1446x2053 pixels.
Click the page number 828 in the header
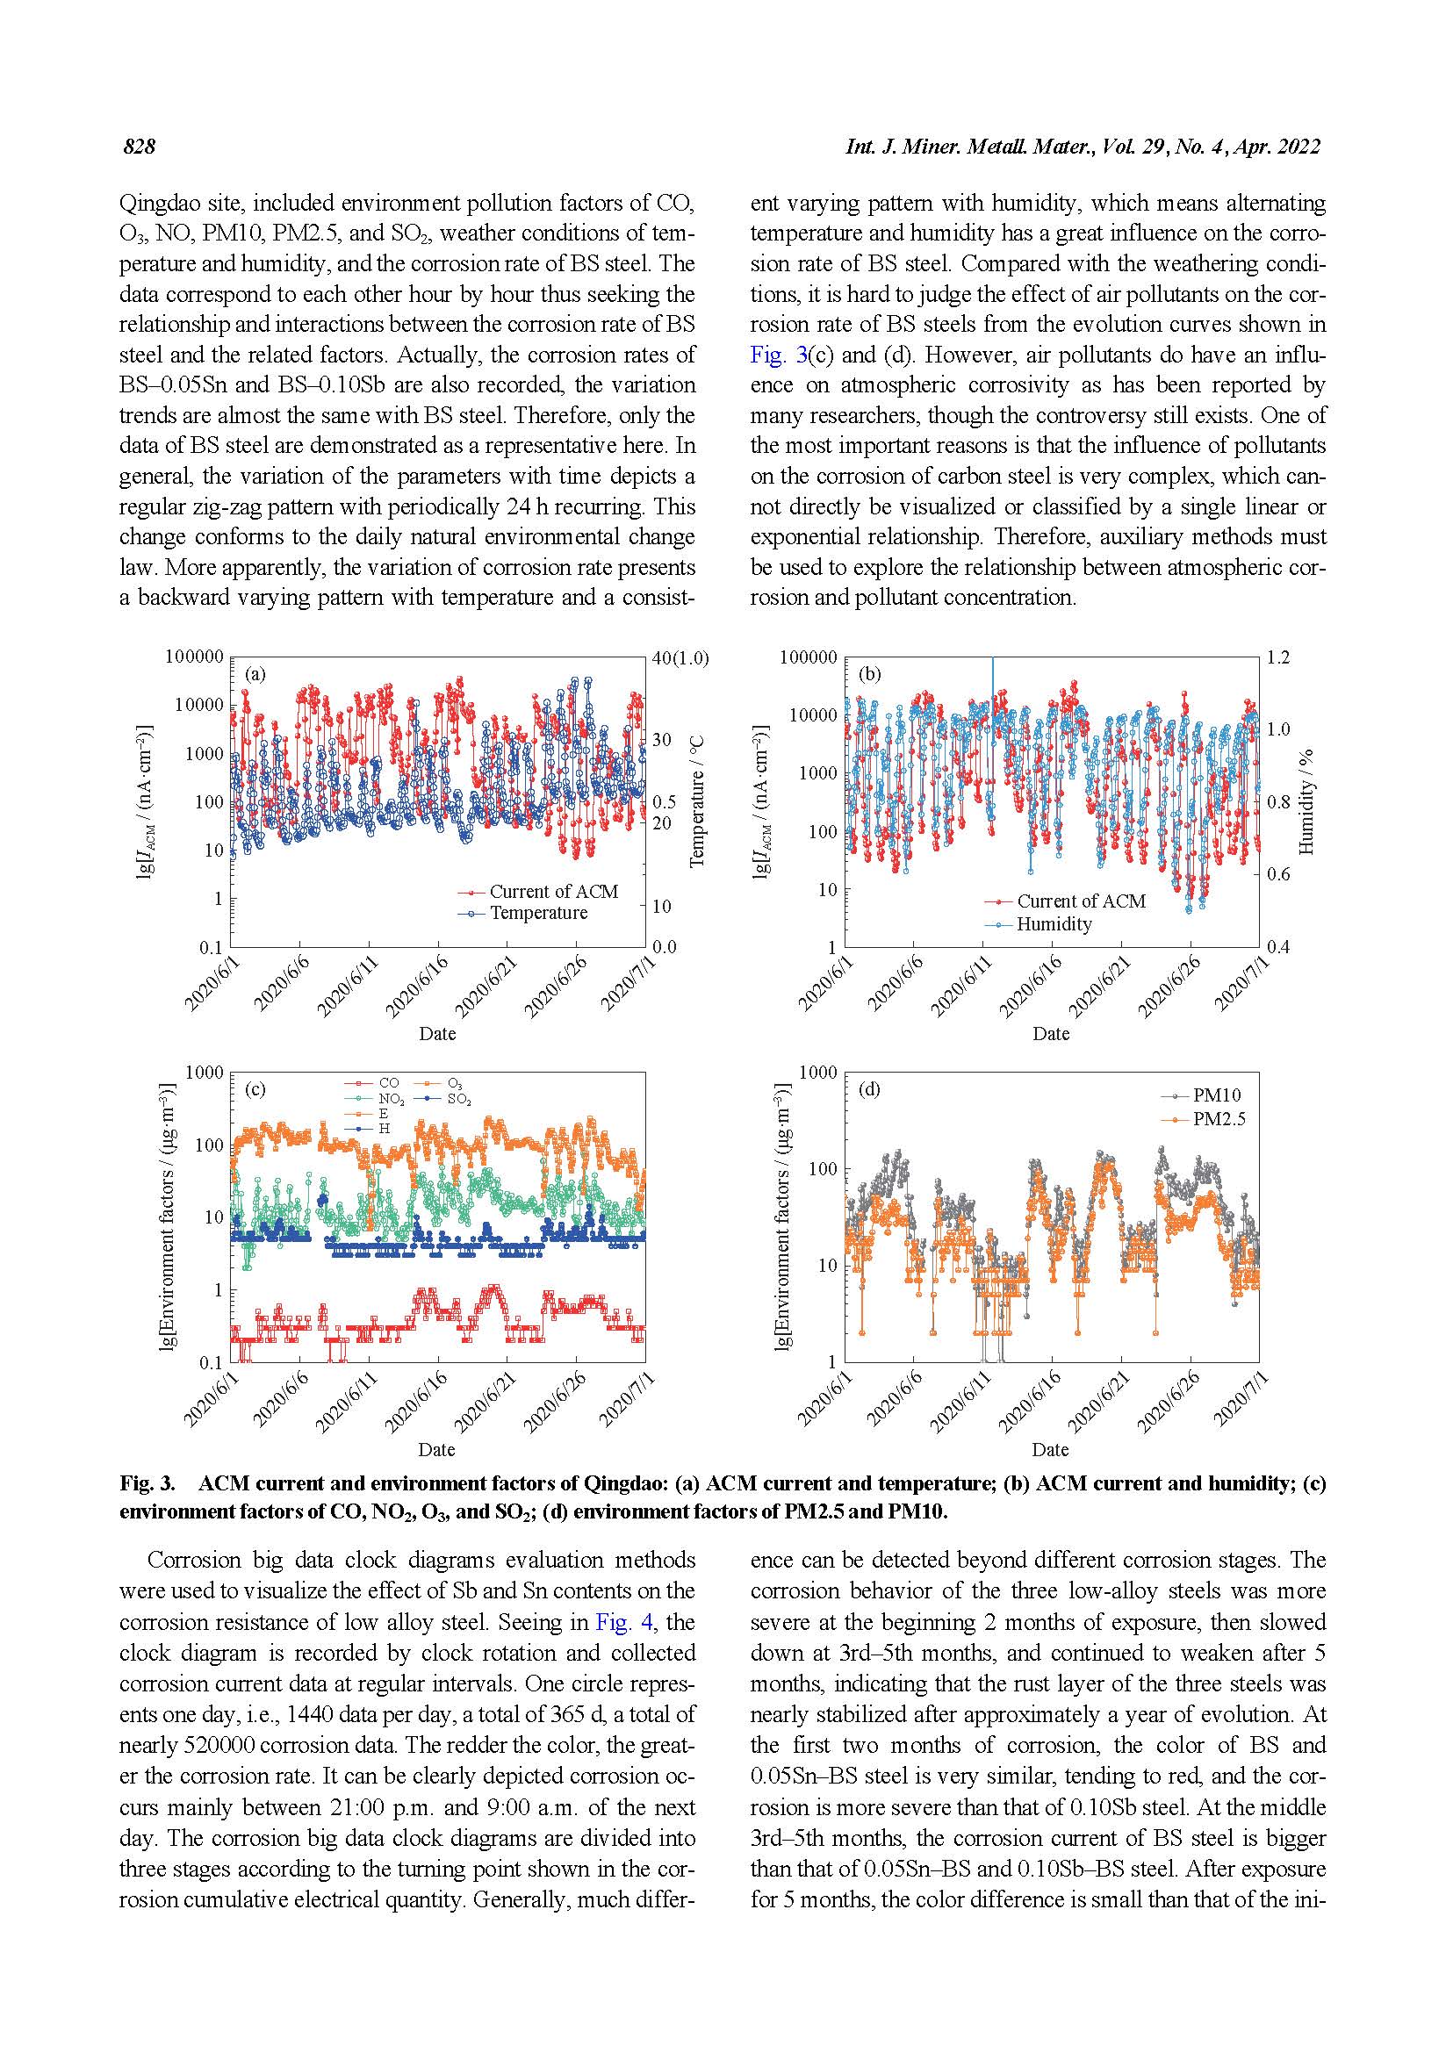140,147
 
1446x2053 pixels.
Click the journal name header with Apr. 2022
1082,147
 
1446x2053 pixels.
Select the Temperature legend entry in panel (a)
537,913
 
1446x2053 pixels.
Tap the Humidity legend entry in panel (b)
1054,924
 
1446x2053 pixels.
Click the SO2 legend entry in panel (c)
459,1099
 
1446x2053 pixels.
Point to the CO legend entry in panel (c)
389,1083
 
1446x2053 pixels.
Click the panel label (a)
255,674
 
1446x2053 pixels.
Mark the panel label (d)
869,1089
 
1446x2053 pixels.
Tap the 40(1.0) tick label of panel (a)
680,658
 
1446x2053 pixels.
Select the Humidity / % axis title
1306,801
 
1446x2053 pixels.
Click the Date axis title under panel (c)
436,1449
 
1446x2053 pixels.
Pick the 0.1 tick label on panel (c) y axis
211,1363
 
